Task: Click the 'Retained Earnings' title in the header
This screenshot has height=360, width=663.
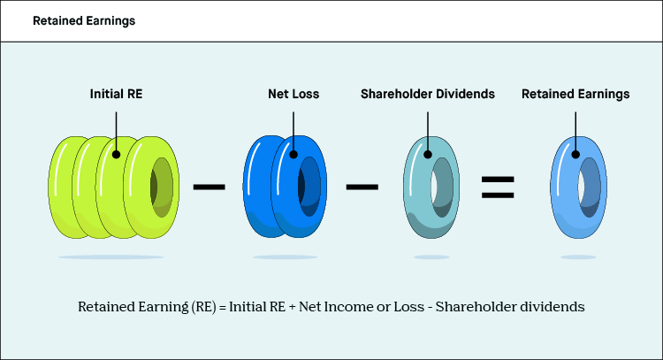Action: (84, 20)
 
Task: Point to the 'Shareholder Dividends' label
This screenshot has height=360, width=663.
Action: (428, 92)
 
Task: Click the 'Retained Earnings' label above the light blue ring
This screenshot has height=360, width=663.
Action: (575, 92)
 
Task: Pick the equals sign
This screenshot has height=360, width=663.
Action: (498, 187)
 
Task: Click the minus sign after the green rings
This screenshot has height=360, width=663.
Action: (209, 187)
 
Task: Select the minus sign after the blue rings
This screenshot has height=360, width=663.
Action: (363, 187)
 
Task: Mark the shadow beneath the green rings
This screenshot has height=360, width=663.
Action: (110, 257)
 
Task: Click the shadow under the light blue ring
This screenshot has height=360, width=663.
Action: (577, 257)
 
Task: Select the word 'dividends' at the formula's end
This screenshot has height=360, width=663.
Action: (554, 308)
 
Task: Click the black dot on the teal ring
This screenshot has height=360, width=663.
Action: (428, 153)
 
